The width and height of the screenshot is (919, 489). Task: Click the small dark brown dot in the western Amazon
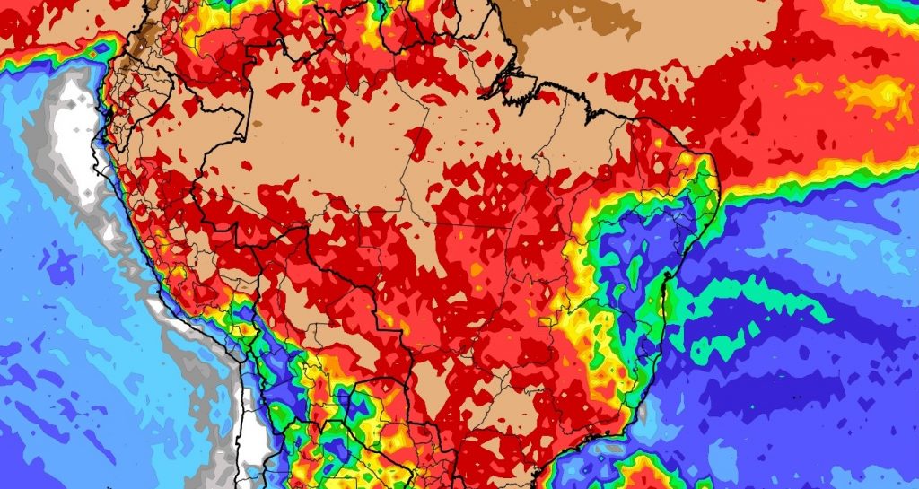tap(257, 122)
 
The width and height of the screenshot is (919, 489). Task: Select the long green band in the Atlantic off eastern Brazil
tap(763, 301)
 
